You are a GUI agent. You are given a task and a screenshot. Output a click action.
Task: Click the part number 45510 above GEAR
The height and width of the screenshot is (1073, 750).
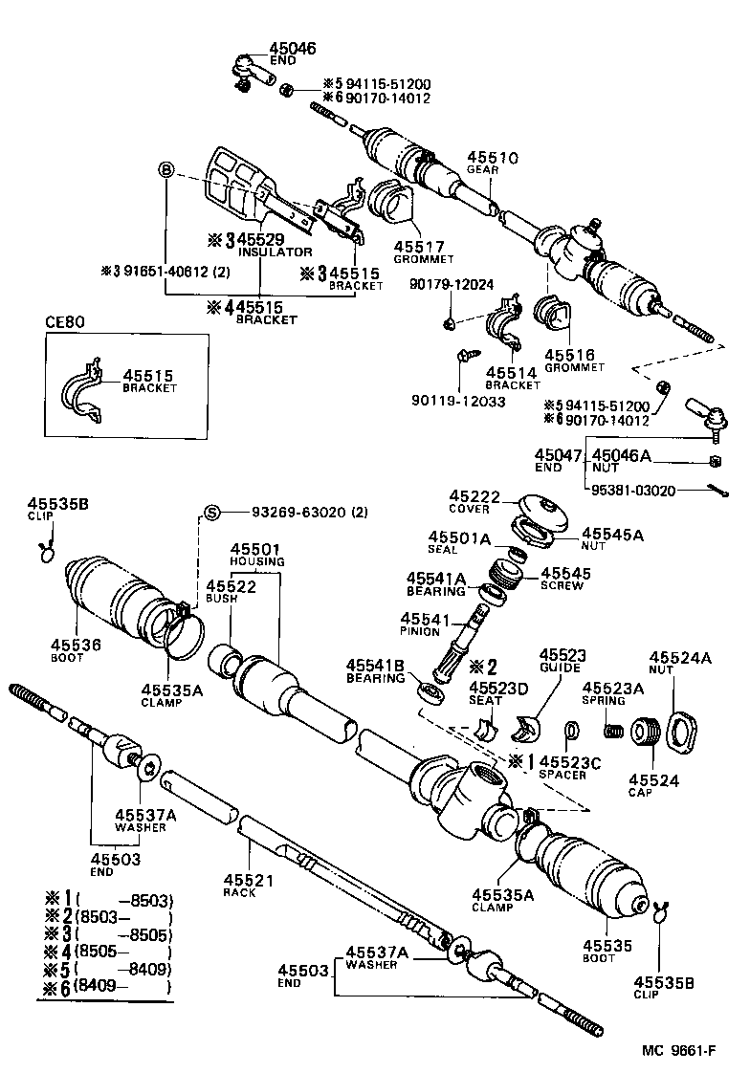point(493,158)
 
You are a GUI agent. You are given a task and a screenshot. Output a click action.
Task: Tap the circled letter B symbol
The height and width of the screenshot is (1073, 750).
point(165,170)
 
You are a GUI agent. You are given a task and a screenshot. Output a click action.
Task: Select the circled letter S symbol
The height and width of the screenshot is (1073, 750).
point(212,512)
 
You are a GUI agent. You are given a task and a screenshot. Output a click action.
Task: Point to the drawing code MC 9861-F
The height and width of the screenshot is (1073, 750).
point(678,1050)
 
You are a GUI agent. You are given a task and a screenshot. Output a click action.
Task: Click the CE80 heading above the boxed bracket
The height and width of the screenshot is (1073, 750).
point(65,322)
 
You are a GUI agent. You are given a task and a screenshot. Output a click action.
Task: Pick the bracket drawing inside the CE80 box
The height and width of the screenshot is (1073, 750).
point(90,390)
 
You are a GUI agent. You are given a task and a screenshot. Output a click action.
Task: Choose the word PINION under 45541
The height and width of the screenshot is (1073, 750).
point(421,632)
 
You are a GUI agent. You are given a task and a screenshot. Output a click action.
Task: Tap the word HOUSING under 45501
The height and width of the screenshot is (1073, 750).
point(256,561)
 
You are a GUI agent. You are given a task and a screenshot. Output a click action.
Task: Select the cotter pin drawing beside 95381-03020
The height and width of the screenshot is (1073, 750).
point(717,491)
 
